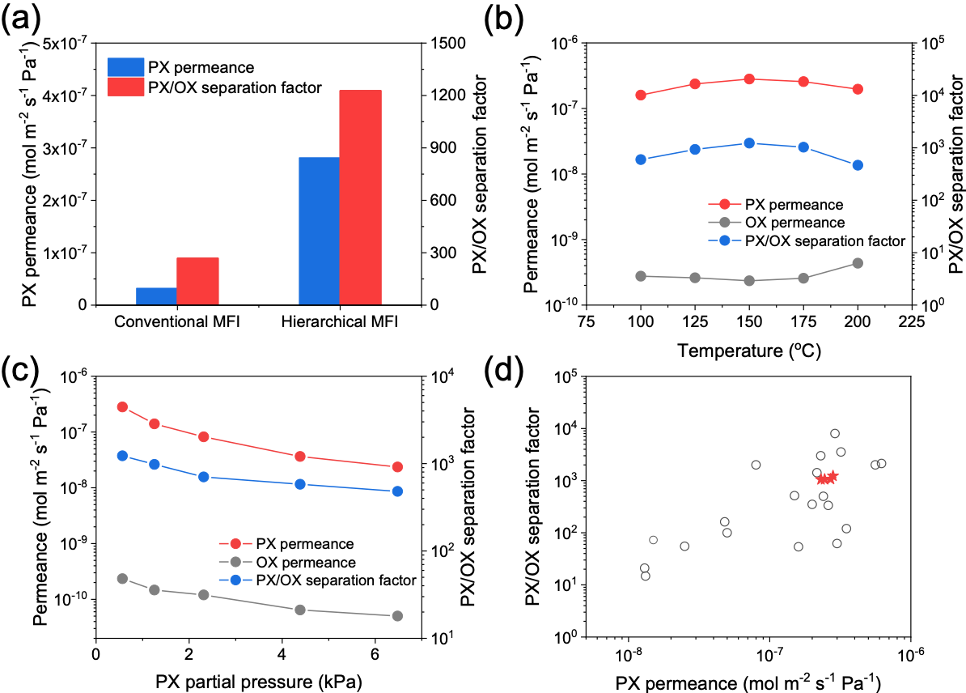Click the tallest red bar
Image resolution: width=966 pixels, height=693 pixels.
point(360,197)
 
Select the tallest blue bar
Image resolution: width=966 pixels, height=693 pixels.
point(319,231)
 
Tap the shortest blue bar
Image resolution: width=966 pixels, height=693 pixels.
point(156,295)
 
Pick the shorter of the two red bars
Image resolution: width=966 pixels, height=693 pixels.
point(197,281)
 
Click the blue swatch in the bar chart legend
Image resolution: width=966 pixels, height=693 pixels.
point(125,67)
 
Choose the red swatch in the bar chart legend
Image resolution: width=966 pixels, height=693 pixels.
point(125,87)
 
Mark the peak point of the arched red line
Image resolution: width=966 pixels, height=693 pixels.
point(749,79)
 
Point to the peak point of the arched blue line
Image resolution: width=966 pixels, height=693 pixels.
point(749,143)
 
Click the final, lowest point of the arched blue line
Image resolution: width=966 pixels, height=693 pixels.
point(858,165)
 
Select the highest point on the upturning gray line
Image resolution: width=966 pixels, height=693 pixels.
point(858,263)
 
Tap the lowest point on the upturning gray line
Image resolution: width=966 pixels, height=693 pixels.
point(749,281)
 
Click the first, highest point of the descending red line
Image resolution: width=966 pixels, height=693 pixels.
point(122,407)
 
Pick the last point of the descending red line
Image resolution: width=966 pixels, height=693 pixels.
point(397,467)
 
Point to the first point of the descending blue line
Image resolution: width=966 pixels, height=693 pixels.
point(122,456)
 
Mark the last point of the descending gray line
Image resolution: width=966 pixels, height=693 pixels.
point(397,616)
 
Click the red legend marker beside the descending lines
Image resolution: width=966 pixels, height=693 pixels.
point(235,544)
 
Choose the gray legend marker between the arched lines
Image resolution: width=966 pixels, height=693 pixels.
point(725,223)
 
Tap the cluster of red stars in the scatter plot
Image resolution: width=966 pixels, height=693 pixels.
point(827,478)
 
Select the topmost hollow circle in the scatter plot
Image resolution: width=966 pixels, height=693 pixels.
point(835,434)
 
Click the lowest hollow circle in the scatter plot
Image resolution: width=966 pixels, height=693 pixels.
point(646,576)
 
